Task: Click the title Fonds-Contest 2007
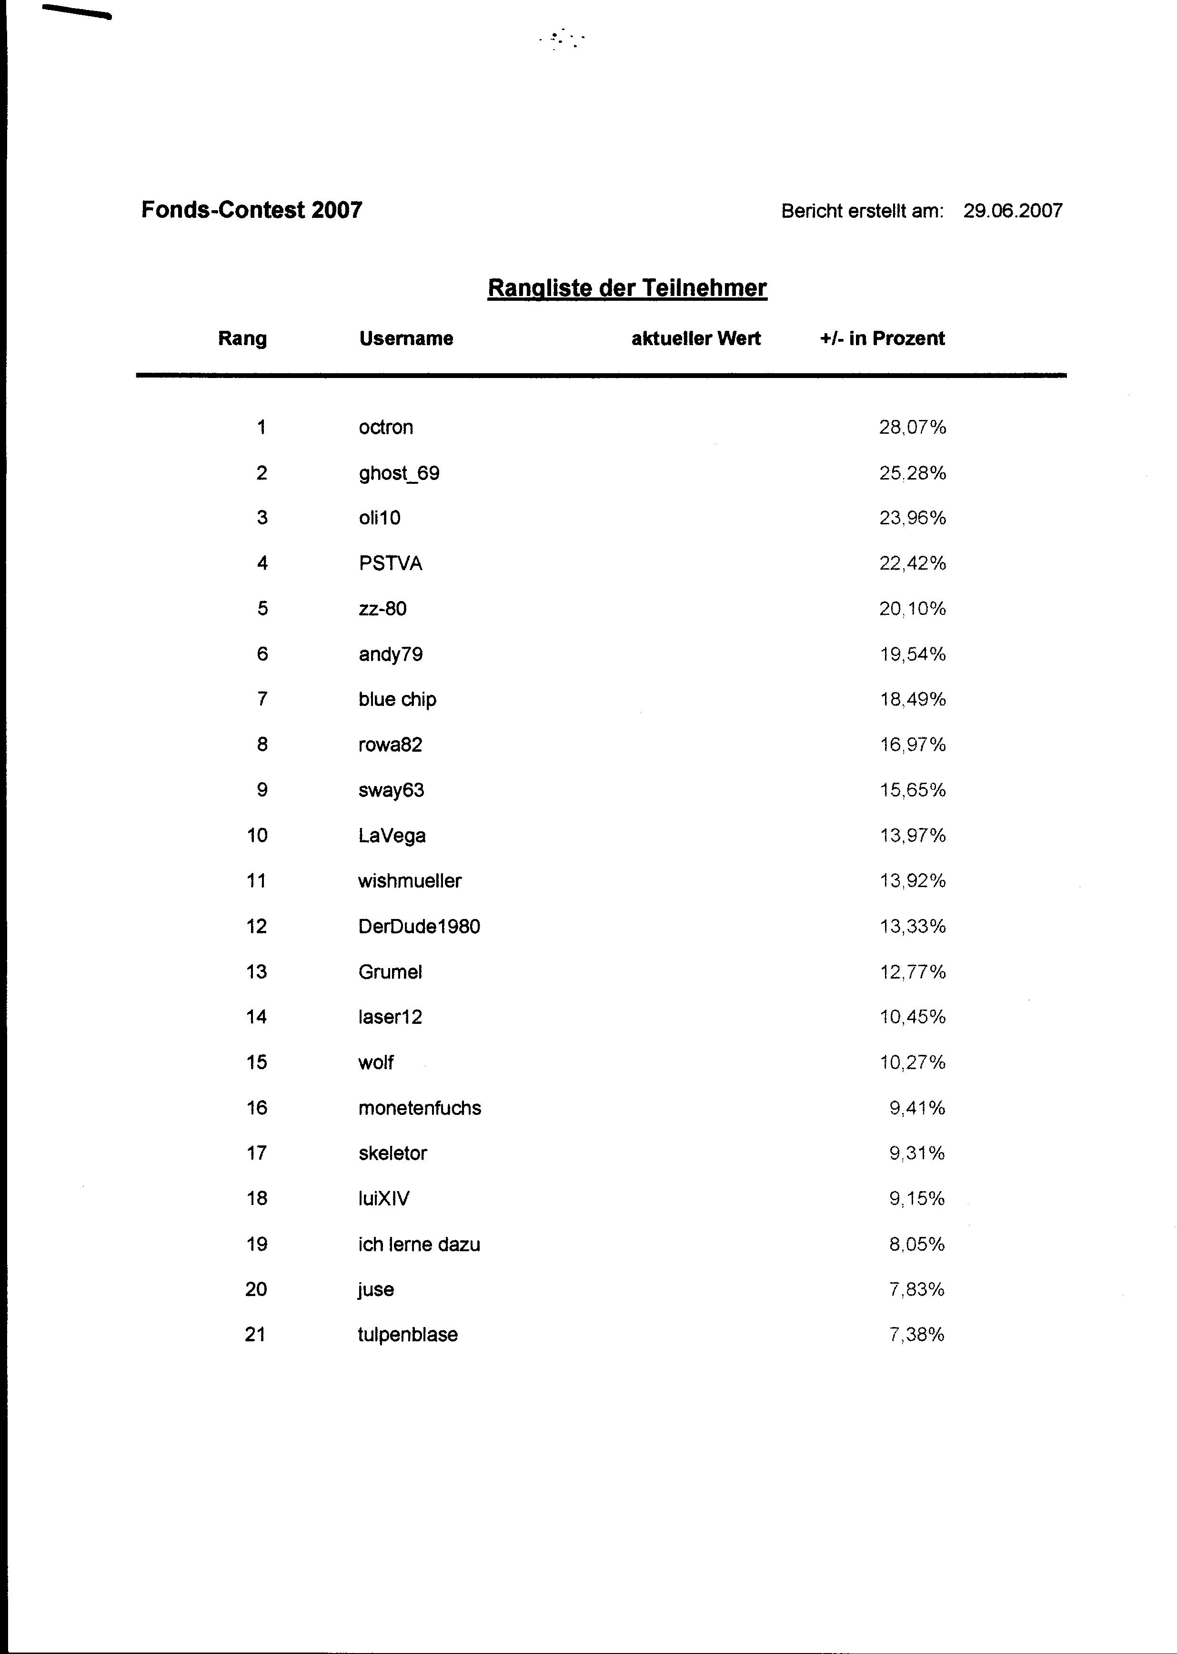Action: coord(251,210)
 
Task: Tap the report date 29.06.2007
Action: coord(1013,211)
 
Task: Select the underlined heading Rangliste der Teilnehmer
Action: coord(627,288)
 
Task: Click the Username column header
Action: coord(406,338)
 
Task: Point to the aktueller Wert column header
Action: coord(696,338)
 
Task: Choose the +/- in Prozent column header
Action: coord(882,338)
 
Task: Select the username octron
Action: coord(385,427)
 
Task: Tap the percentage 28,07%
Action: coord(913,427)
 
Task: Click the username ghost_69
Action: coord(399,473)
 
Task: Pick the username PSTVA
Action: coord(390,563)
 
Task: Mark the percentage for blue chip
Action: coord(913,700)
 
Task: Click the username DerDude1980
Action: coord(419,927)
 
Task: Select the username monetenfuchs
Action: coord(419,1108)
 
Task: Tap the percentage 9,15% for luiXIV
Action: coord(917,1199)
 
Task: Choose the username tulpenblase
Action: coord(407,1335)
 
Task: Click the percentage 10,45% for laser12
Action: coord(913,1017)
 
